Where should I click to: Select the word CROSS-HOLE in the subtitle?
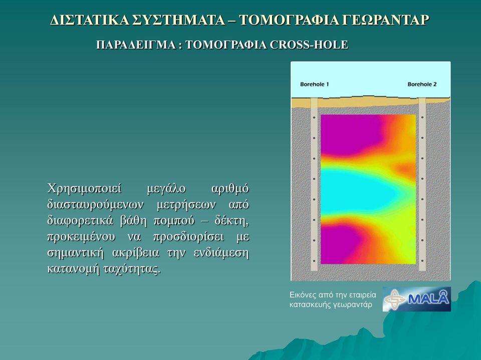coord(309,45)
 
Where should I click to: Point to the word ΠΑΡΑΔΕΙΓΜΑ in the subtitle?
coord(136,45)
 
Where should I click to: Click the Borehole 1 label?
coord(315,84)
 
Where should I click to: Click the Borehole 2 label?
coord(422,84)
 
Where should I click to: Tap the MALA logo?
coord(416,299)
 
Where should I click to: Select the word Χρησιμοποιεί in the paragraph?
coord(84,188)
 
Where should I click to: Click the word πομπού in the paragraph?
coord(174,221)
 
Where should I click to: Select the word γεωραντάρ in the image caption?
coord(354,305)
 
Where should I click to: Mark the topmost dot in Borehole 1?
coord(314,118)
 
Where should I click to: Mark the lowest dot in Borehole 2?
coord(422,261)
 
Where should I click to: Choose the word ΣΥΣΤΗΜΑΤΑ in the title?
coord(181,20)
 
